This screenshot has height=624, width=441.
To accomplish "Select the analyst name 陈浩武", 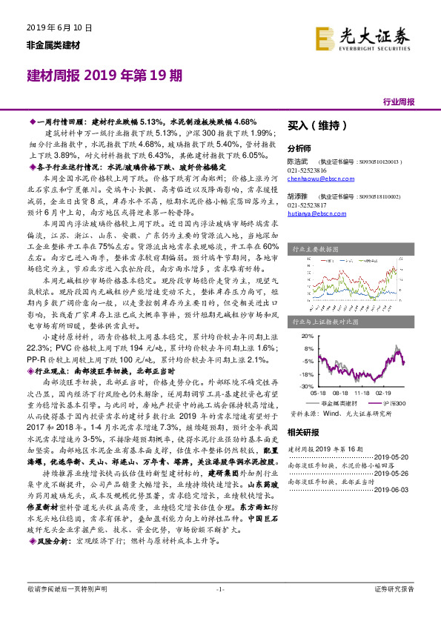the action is (297, 160).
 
